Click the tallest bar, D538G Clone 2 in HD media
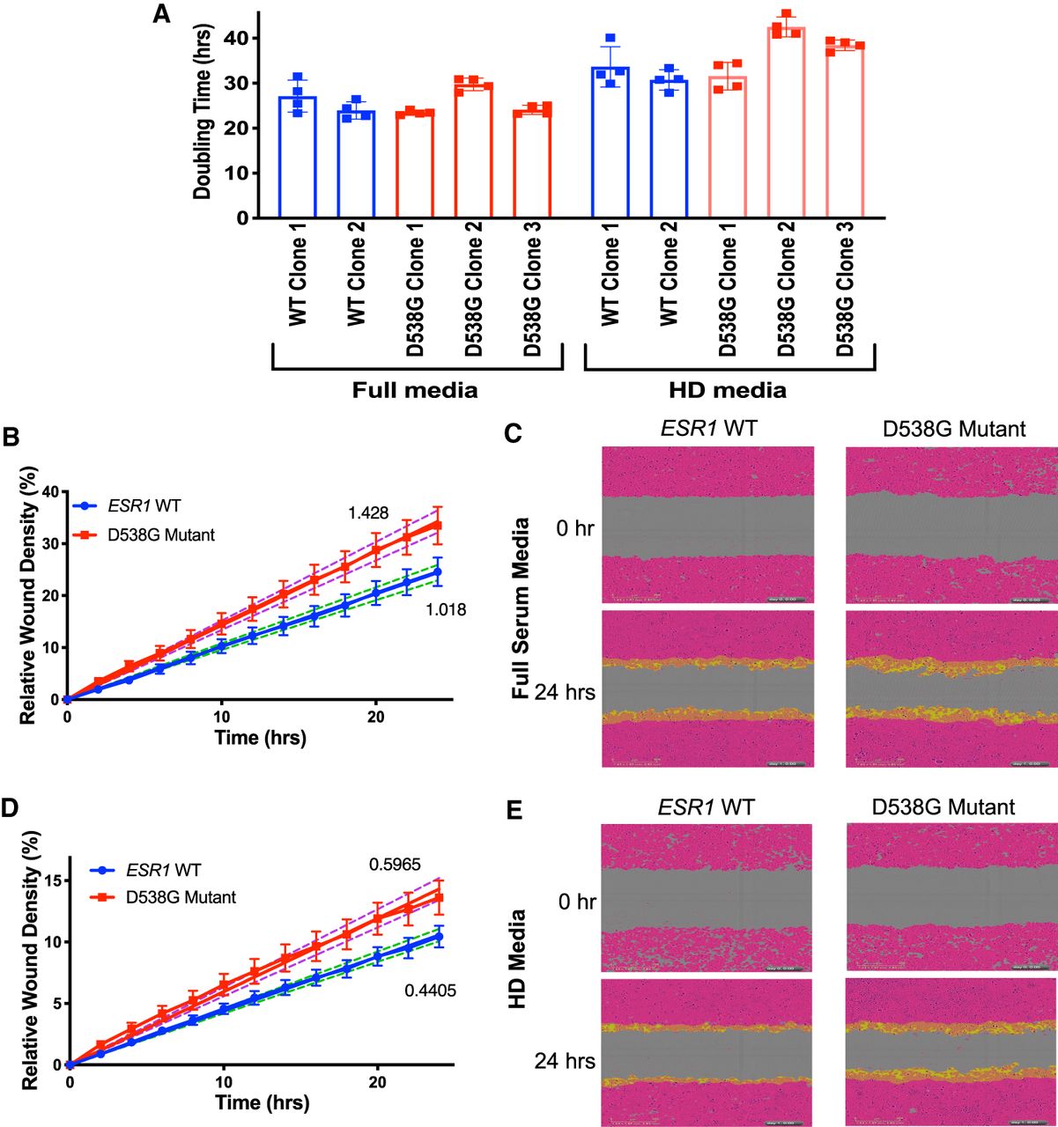(786, 123)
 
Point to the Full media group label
(415, 389)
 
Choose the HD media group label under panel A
(729, 389)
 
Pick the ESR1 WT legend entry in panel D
(164, 870)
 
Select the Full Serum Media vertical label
(521, 608)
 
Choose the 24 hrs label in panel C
(565, 692)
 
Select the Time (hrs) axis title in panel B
(261, 737)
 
